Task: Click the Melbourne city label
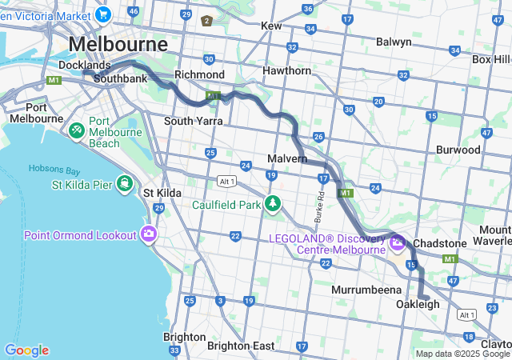point(118,43)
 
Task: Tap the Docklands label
point(84,65)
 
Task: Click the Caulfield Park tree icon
point(274,204)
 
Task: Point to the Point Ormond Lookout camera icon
point(148,234)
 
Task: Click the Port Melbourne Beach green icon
point(77,128)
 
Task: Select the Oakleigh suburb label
point(418,305)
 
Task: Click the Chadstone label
point(439,243)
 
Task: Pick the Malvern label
point(288,159)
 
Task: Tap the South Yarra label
point(192,121)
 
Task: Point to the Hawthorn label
point(287,70)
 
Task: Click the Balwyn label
point(394,42)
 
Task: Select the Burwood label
point(458,150)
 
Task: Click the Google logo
point(26,350)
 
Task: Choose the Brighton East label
point(240,346)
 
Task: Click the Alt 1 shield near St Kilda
point(226,182)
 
